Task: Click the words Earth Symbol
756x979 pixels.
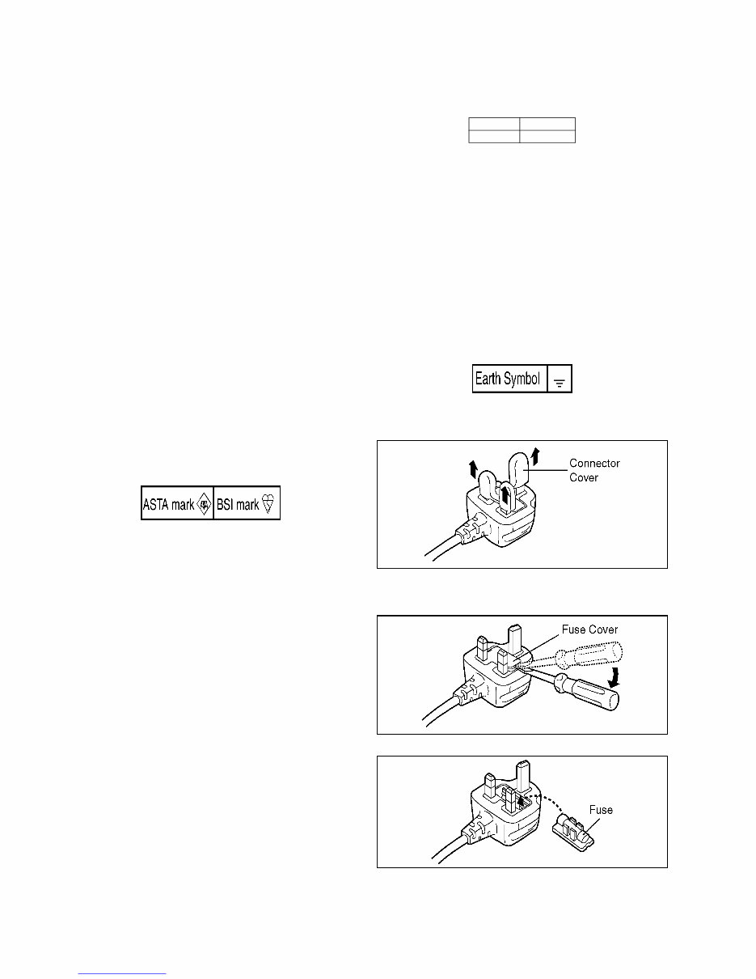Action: (x=507, y=379)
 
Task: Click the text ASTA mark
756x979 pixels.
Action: (x=168, y=505)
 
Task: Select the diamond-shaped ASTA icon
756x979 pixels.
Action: (x=204, y=505)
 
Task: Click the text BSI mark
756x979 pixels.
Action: (x=238, y=505)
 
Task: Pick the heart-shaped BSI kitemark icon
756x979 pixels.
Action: (x=270, y=505)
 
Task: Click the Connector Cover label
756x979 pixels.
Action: (x=594, y=471)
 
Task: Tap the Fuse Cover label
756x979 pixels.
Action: (x=591, y=629)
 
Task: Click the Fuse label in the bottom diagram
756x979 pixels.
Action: (x=600, y=810)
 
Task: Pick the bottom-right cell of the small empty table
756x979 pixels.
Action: (x=547, y=137)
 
